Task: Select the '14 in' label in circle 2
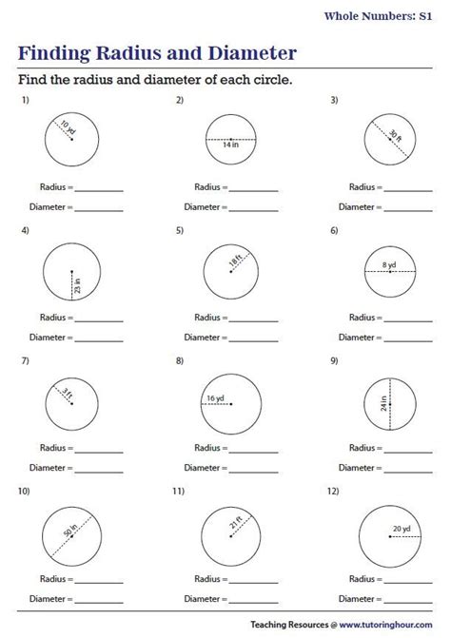(230, 145)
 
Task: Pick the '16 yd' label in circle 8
(215, 397)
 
